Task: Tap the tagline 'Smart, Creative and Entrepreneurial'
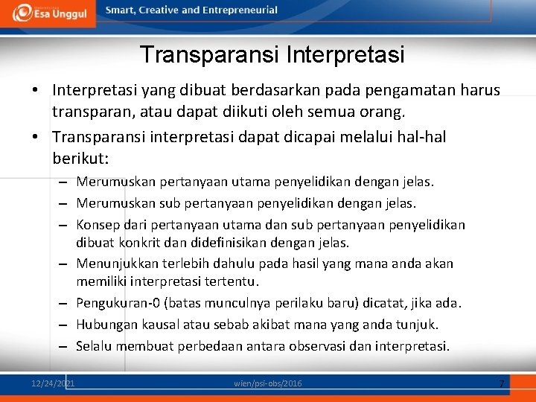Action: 191,10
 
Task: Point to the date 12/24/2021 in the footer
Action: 53,383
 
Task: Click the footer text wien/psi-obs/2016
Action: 268,383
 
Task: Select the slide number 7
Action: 501,383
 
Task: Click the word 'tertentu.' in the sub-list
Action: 234,281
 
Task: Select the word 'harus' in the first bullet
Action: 481,90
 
